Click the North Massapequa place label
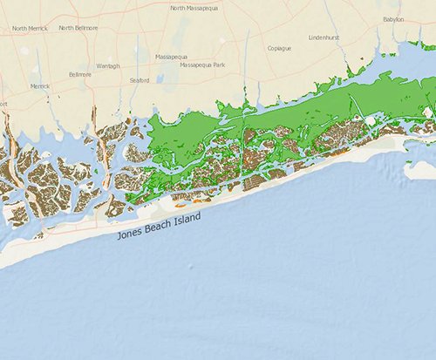pos(194,8)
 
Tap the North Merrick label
pos(30,29)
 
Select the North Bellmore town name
pos(78,28)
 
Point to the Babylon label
pos(393,18)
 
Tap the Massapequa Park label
pos(202,65)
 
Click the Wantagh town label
pos(107,65)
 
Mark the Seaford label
pos(140,80)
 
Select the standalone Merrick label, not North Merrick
pos(40,86)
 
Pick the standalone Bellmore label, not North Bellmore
pos(79,75)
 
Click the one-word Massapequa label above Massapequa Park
pos(171,56)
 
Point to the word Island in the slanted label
pos(185,214)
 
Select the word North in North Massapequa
pos(178,8)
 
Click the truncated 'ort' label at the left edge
pos(3,104)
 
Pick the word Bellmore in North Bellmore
pos(85,28)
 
